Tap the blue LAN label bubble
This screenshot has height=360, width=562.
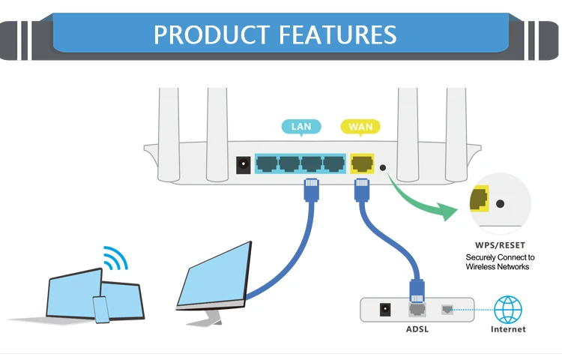pyautogui.click(x=300, y=127)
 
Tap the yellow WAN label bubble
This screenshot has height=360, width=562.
pyautogui.click(x=360, y=127)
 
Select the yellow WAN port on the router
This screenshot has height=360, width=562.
pyautogui.click(x=361, y=163)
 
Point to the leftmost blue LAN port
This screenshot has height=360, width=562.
pyautogui.click(x=267, y=163)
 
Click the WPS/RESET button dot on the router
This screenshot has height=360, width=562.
pyautogui.click(x=384, y=169)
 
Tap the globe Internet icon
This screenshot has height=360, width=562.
pyautogui.click(x=508, y=308)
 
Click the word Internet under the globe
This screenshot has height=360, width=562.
pyautogui.click(x=508, y=329)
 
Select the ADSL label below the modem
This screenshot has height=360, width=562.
pyautogui.click(x=416, y=329)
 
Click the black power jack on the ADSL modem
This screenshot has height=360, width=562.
pyautogui.click(x=387, y=308)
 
